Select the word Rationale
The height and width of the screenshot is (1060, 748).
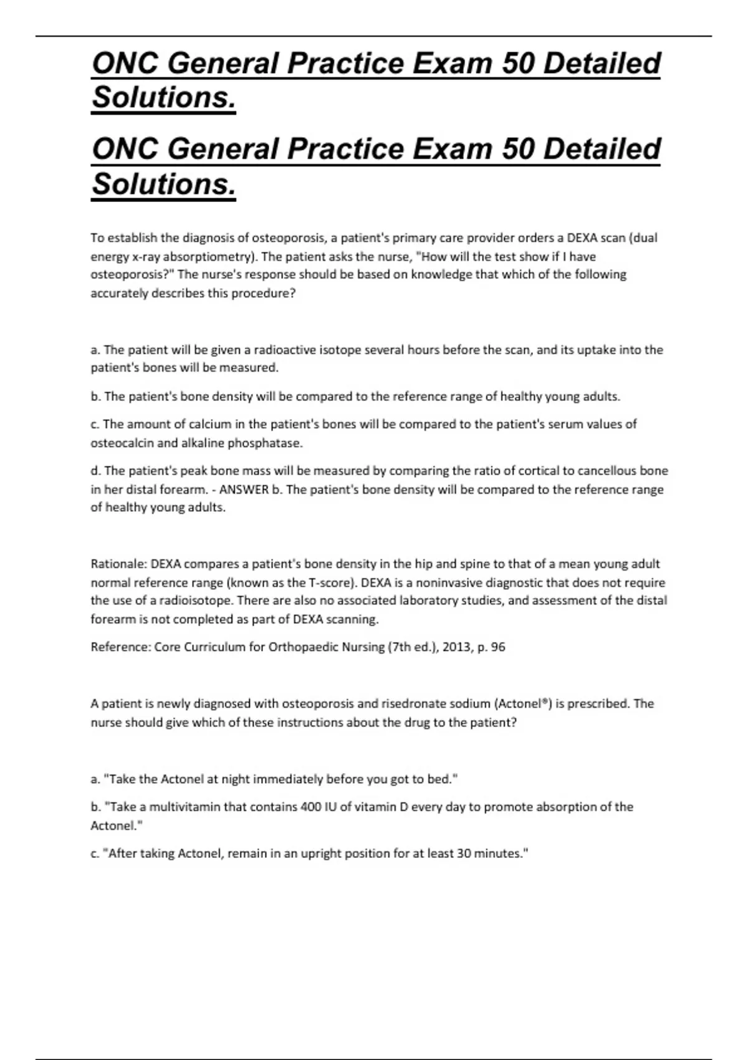[x=118, y=564]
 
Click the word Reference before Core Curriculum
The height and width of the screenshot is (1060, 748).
[x=120, y=647]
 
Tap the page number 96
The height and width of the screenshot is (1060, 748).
[x=498, y=647]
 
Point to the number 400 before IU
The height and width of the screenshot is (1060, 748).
[x=310, y=807]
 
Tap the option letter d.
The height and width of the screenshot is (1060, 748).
[x=95, y=471]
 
